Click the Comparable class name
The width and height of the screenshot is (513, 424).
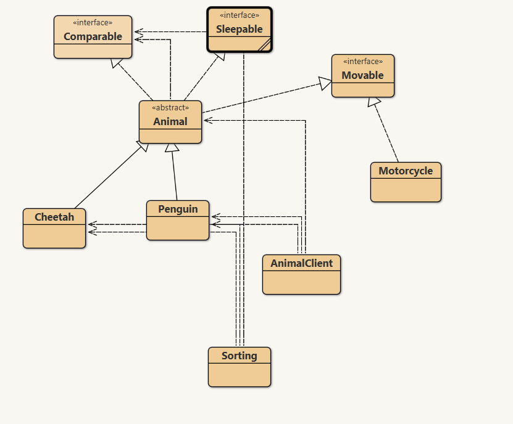click(93, 36)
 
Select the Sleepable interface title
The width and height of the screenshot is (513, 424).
click(239, 29)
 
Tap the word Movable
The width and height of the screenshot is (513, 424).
click(362, 75)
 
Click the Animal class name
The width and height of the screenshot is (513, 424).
click(170, 121)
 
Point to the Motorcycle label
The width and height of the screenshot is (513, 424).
click(406, 171)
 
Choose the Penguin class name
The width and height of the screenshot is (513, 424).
click(178, 209)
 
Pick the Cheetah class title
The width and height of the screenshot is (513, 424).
click(54, 217)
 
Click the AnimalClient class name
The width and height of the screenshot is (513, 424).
click(301, 263)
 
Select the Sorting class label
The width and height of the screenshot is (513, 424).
click(239, 356)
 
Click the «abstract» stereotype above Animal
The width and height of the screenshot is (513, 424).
click(170, 108)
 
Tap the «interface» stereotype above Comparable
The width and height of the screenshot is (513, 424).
click(93, 23)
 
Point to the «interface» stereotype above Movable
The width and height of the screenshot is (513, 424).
click(362, 62)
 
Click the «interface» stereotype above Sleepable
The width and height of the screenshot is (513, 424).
click(239, 15)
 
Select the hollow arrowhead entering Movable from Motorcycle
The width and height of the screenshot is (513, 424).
click(374, 102)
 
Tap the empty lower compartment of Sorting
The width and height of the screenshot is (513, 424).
click(239, 375)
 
